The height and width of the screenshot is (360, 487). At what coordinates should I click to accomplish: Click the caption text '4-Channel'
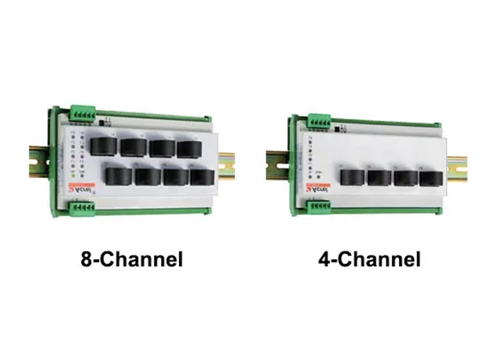coord(370,259)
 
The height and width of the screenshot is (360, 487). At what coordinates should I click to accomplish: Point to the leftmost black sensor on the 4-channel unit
coord(352,176)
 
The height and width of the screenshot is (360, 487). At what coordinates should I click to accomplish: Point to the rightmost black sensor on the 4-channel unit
coord(431,179)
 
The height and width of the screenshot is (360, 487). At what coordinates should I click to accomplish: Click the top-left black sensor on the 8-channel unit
coord(104,145)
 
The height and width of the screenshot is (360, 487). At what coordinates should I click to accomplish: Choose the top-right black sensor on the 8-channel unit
coord(187,149)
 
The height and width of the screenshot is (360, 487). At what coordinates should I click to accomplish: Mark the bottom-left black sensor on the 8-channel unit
coord(118,176)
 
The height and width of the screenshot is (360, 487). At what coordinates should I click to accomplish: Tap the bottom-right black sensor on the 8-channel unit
coord(202,177)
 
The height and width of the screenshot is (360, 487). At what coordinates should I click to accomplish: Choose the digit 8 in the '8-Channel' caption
coord(87,259)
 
